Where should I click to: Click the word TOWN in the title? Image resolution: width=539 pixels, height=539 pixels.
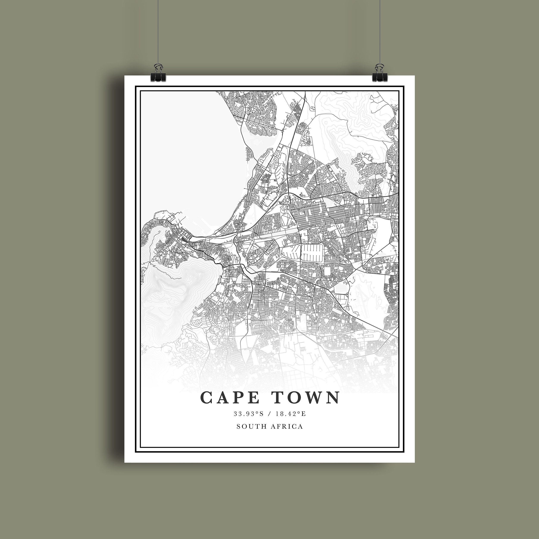(x=306, y=397)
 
